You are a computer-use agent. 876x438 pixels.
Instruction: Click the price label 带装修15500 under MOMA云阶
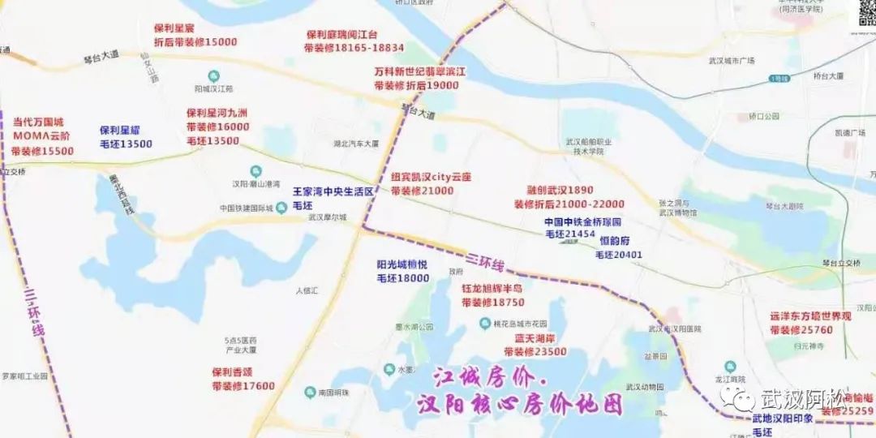pos(43,152)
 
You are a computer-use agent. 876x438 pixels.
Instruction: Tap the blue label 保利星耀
pos(126,130)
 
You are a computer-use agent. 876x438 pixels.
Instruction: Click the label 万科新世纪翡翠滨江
pos(419,71)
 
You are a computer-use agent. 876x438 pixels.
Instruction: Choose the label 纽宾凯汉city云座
pos(432,177)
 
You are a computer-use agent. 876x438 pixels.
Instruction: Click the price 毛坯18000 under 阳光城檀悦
pos(402,278)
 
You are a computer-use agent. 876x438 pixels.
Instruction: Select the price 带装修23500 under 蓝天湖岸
pos(535,352)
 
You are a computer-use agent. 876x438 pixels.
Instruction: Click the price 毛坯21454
pos(570,234)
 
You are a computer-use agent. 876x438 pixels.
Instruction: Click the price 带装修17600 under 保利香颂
pos(243,386)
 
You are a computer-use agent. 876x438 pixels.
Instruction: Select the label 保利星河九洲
pos(217,114)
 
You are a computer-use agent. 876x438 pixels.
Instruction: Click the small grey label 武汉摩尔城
pos(327,217)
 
